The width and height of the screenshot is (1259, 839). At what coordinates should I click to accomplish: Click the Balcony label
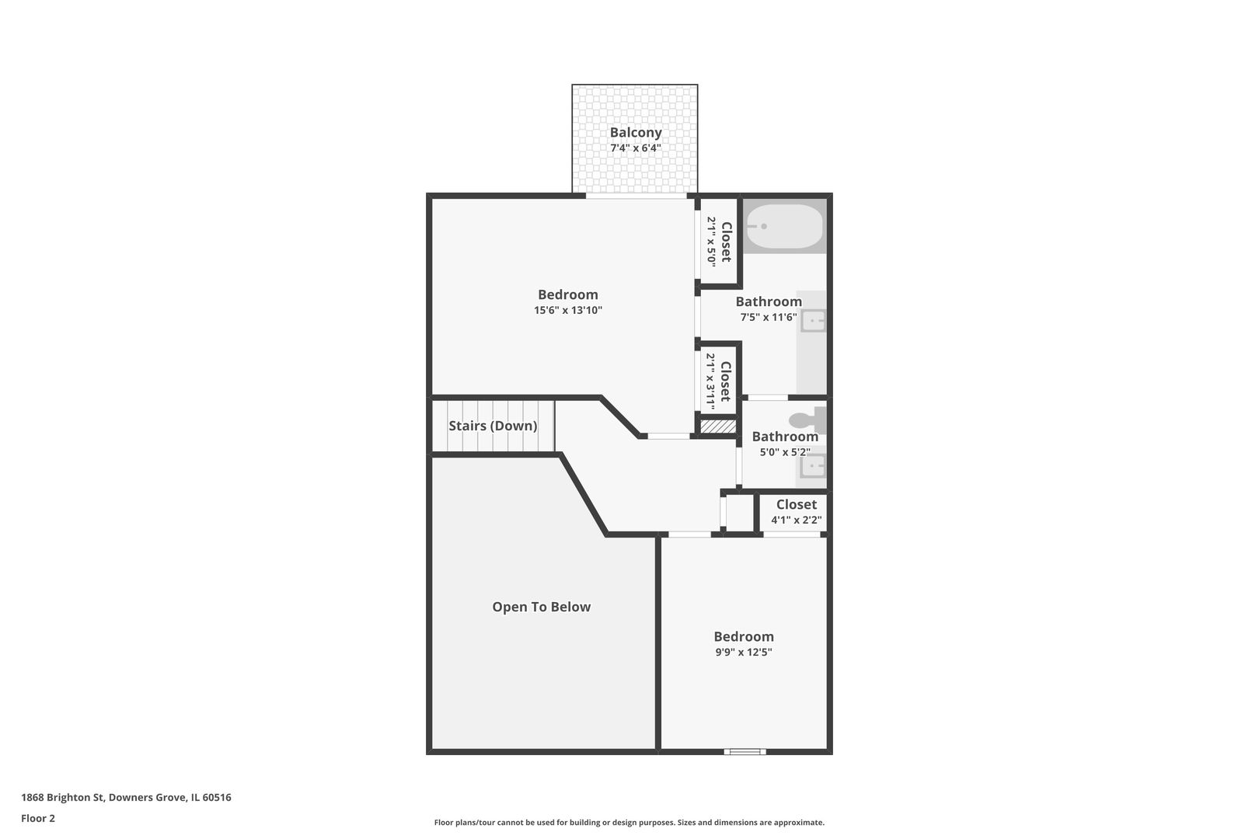tap(635, 133)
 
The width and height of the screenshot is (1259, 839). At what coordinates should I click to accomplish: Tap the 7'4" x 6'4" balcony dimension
tap(635, 148)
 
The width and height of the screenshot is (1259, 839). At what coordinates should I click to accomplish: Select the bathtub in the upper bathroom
tap(785, 226)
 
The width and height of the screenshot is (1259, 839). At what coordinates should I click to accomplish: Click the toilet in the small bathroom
tap(807, 419)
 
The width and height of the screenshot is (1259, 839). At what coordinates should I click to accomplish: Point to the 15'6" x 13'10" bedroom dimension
tap(567, 310)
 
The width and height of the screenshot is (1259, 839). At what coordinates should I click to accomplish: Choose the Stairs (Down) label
tap(493, 426)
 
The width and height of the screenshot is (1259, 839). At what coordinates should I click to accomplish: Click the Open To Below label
tap(541, 607)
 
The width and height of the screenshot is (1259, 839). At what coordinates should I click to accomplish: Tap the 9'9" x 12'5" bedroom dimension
tap(744, 653)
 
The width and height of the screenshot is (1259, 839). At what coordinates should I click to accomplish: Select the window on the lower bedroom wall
tap(745, 751)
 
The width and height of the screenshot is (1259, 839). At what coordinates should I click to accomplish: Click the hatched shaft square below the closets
tap(718, 426)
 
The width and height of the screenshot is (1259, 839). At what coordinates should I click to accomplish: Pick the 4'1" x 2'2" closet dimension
tap(797, 520)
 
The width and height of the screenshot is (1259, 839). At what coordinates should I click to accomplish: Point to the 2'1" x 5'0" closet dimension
tap(712, 242)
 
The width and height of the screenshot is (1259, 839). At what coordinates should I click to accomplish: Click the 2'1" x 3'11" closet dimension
tap(711, 381)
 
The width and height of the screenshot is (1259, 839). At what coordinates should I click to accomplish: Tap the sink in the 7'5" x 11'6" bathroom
tap(813, 322)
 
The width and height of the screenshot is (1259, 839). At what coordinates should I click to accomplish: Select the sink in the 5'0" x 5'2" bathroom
tap(813, 466)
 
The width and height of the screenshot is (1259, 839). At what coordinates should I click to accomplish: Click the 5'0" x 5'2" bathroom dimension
tap(785, 452)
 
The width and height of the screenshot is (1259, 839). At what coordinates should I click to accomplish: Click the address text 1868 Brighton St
tap(62, 797)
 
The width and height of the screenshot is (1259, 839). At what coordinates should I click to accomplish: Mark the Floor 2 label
tap(38, 818)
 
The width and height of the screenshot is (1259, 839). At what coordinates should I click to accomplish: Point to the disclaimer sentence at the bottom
tap(629, 823)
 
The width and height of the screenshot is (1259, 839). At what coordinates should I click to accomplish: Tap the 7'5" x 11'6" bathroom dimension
tap(769, 318)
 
